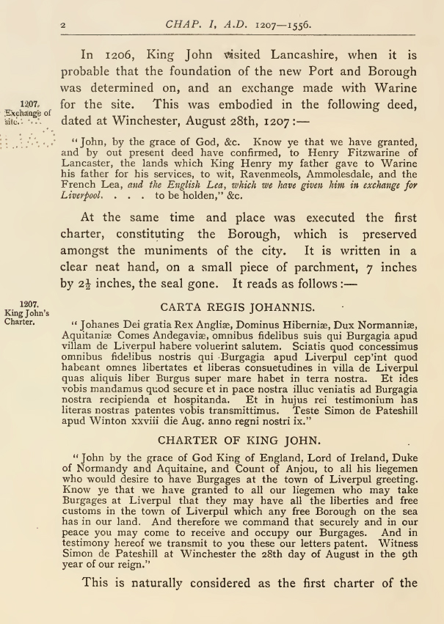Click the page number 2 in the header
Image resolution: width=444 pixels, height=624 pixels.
click(64, 25)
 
